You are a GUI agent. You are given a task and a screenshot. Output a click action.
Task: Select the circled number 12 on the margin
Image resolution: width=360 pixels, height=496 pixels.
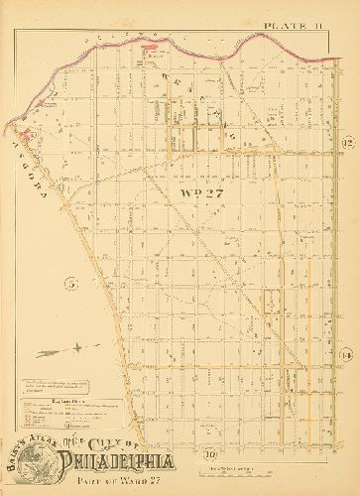pos(346,144)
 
